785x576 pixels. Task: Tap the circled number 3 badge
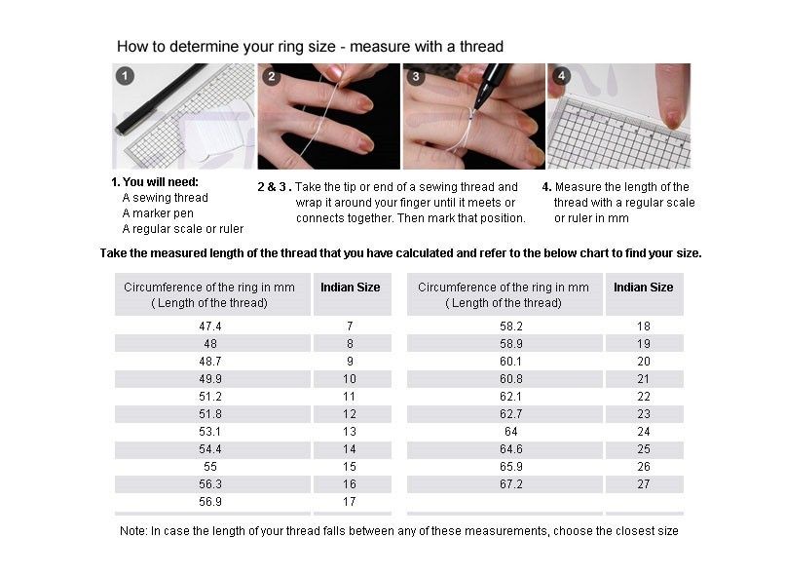coord(416,76)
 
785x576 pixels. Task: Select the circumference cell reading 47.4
coord(210,326)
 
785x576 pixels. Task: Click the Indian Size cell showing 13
coord(350,432)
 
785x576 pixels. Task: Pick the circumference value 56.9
coord(210,502)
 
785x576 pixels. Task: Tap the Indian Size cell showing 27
coord(643,484)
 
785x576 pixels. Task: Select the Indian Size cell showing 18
coord(643,326)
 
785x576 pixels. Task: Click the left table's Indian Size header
coord(351,288)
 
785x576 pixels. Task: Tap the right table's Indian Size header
coord(644,288)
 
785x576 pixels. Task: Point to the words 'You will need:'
coord(161,182)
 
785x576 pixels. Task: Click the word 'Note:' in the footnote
coord(133,531)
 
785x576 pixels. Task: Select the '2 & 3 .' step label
coord(274,187)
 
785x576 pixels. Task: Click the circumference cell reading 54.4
coord(210,449)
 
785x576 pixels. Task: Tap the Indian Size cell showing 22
coord(643,397)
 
